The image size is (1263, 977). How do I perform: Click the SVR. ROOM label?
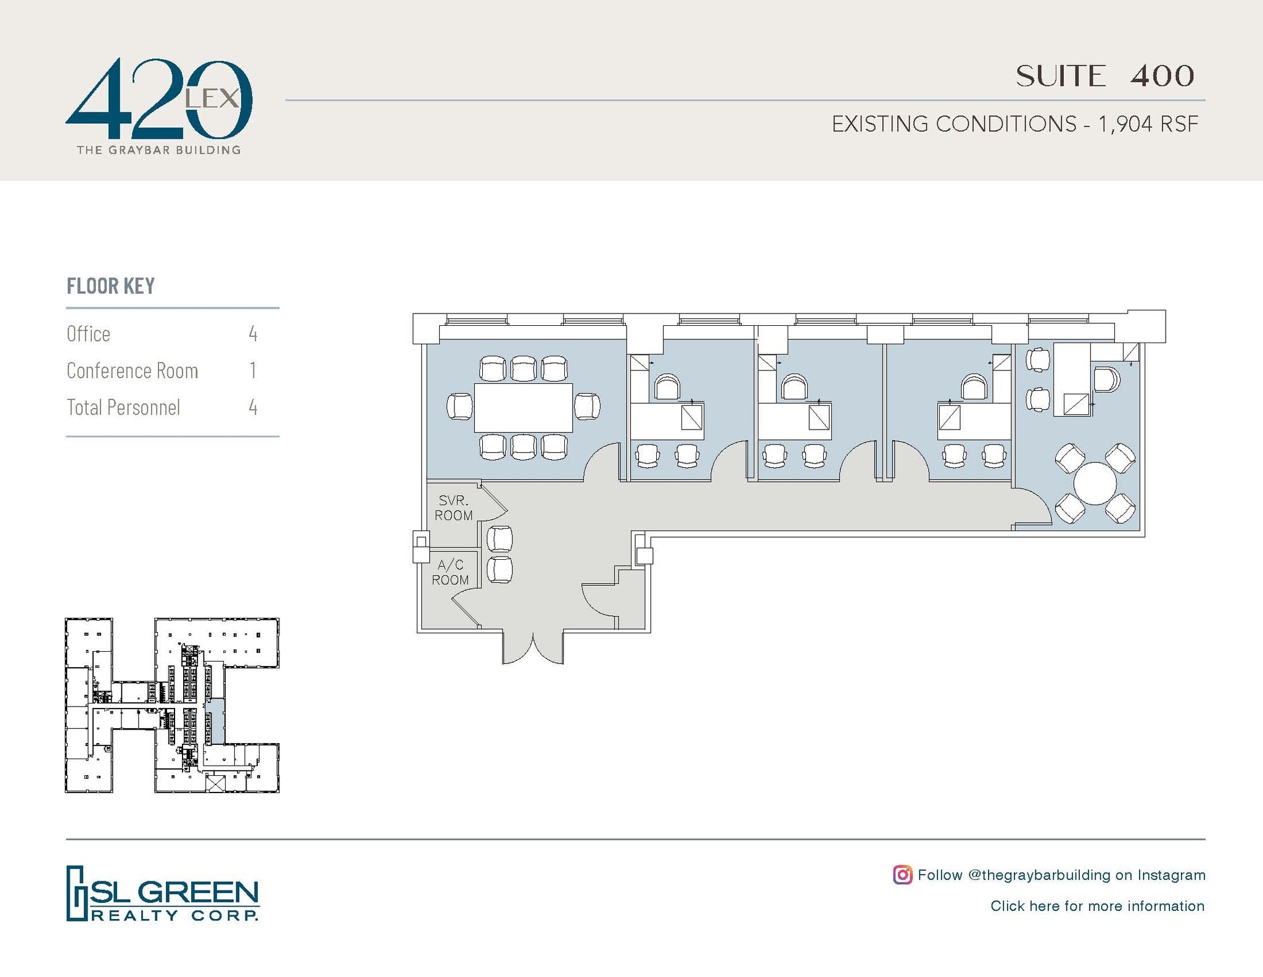(x=453, y=508)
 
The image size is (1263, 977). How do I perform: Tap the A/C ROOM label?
(x=450, y=572)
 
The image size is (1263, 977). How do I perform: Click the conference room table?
(x=523, y=407)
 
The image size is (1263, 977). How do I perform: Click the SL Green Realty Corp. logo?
(x=162, y=893)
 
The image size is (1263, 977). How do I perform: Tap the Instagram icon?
(x=902, y=875)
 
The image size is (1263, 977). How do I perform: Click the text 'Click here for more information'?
(x=1097, y=906)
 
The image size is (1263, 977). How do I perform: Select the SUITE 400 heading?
(x=1105, y=77)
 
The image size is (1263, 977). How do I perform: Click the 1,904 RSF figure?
(x=1148, y=124)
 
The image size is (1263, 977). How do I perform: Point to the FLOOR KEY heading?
(x=110, y=286)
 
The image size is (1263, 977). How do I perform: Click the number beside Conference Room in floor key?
(x=253, y=370)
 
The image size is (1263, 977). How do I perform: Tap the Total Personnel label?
(x=123, y=407)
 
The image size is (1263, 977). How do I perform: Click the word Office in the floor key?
(x=88, y=334)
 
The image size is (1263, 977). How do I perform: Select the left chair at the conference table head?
(x=459, y=407)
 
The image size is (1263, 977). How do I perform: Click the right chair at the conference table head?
(x=587, y=407)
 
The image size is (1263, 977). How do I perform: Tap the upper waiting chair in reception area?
(x=500, y=539)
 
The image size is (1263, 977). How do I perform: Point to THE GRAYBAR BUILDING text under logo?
(x=158, y=150)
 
